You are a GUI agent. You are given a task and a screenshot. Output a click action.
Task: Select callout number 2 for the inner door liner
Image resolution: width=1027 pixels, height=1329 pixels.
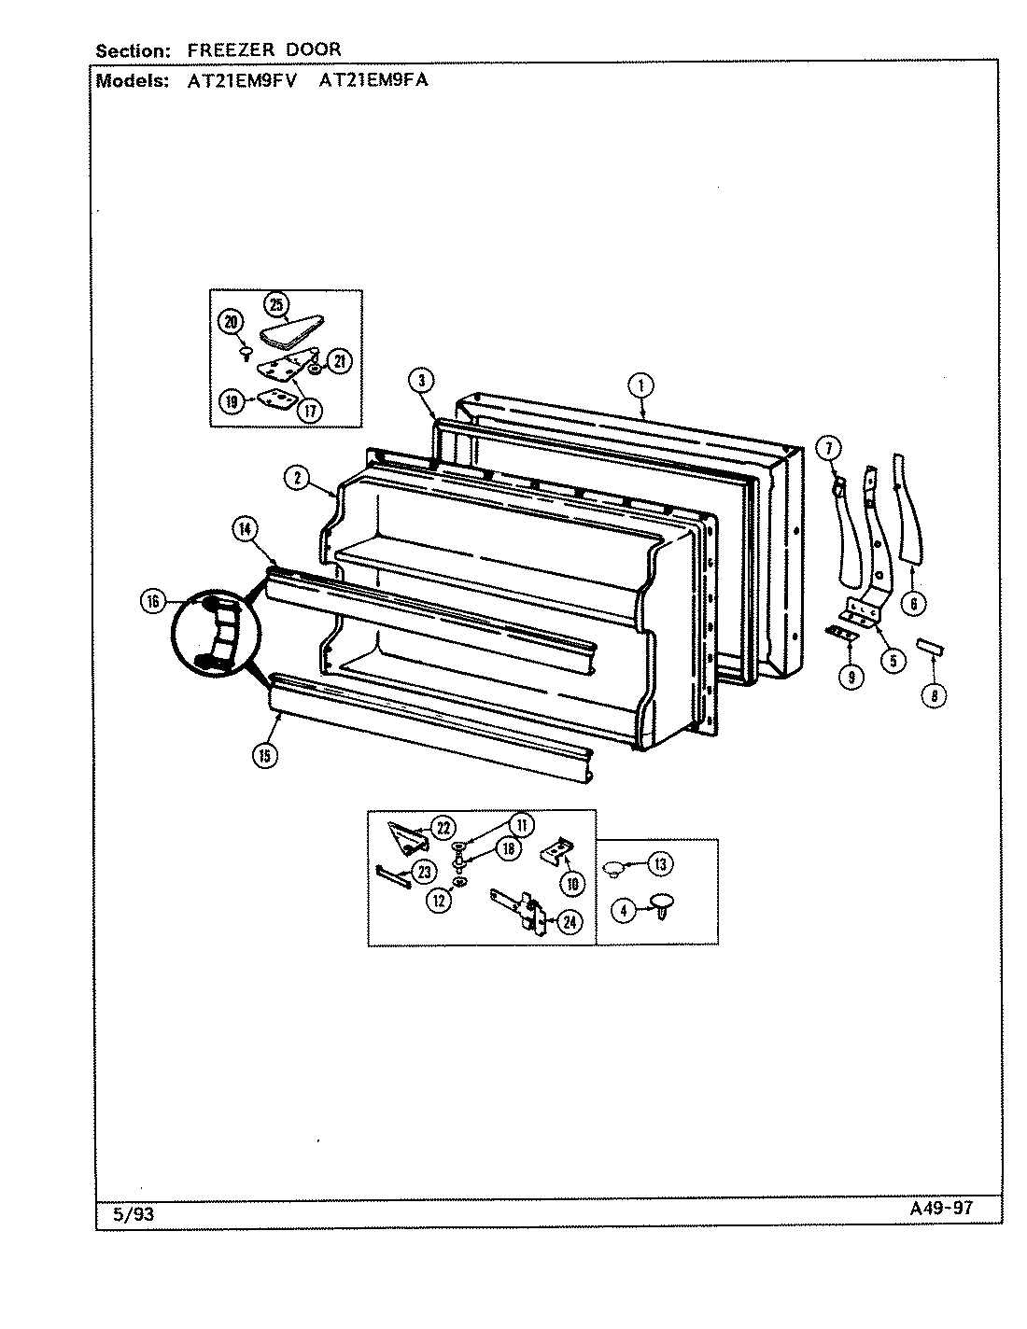296,478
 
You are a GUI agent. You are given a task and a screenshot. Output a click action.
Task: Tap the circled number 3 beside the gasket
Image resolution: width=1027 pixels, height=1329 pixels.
422,380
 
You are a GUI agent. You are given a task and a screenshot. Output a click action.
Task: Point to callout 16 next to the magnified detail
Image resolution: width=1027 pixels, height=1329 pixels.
153,602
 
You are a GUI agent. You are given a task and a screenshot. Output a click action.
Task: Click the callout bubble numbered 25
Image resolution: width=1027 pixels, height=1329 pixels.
277,303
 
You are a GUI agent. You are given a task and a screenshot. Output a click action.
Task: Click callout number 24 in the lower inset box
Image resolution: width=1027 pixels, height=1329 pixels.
570,922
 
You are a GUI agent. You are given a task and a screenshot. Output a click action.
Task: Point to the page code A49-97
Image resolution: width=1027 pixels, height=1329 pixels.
942,1207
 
